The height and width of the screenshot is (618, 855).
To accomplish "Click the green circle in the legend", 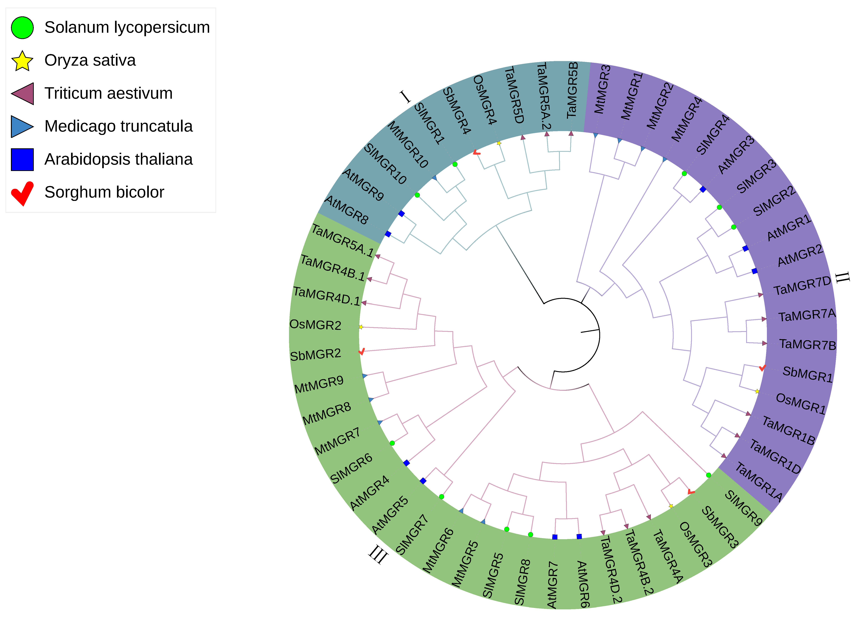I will [22, 27].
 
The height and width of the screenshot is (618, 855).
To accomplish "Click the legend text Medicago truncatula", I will [118, 126].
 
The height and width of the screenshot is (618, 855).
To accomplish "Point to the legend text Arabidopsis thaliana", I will [118, 159].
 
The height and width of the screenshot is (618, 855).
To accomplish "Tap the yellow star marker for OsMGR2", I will [361, 327].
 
